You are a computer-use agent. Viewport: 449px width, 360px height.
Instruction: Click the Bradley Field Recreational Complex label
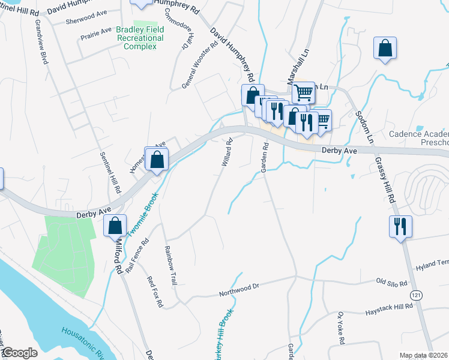[139, 38]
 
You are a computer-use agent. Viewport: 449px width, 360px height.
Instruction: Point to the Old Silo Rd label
[391, 282]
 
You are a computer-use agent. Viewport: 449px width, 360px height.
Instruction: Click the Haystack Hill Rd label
[389, 310]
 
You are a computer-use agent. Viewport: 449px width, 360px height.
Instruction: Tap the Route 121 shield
[414, 295]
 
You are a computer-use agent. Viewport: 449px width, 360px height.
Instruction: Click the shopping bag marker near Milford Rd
[115, 226]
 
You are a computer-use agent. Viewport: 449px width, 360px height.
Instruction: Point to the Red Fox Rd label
[155, 292]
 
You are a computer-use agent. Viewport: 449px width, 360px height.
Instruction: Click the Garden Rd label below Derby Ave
[264, 157]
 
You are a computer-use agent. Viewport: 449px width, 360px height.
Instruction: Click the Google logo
[19, 353]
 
